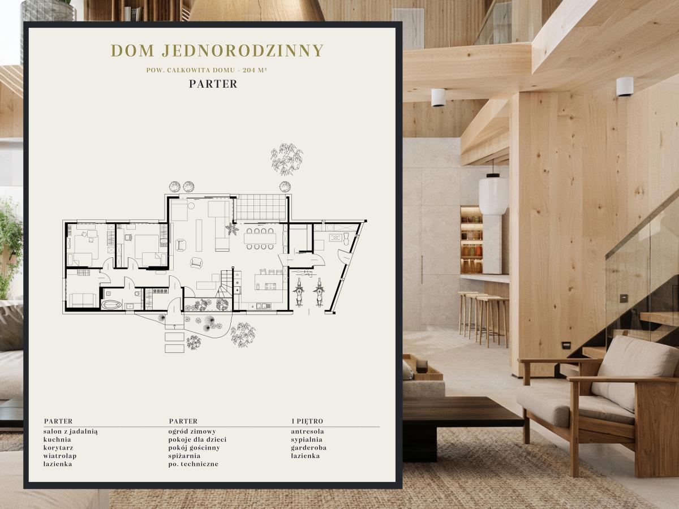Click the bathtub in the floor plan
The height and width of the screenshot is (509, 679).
111,305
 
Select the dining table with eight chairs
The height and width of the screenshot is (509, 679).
260,238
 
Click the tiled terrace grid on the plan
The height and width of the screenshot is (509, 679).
261,208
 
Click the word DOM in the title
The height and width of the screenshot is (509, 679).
132,51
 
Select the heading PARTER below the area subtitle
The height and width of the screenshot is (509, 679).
213,84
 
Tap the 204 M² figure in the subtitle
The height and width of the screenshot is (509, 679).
255,70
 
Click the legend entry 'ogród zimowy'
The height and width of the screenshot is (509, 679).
192,432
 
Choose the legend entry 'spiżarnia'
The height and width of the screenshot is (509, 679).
184,456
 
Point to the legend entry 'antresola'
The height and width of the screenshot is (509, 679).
307,432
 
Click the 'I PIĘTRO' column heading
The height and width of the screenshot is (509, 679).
307,421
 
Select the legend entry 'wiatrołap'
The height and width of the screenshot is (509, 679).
60,456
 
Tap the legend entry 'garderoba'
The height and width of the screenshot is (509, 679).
309,447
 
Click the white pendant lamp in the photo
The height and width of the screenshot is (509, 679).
493,194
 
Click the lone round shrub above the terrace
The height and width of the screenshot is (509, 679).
285,187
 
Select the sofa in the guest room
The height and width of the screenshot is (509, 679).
83,300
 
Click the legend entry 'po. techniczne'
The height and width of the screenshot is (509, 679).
194,464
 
